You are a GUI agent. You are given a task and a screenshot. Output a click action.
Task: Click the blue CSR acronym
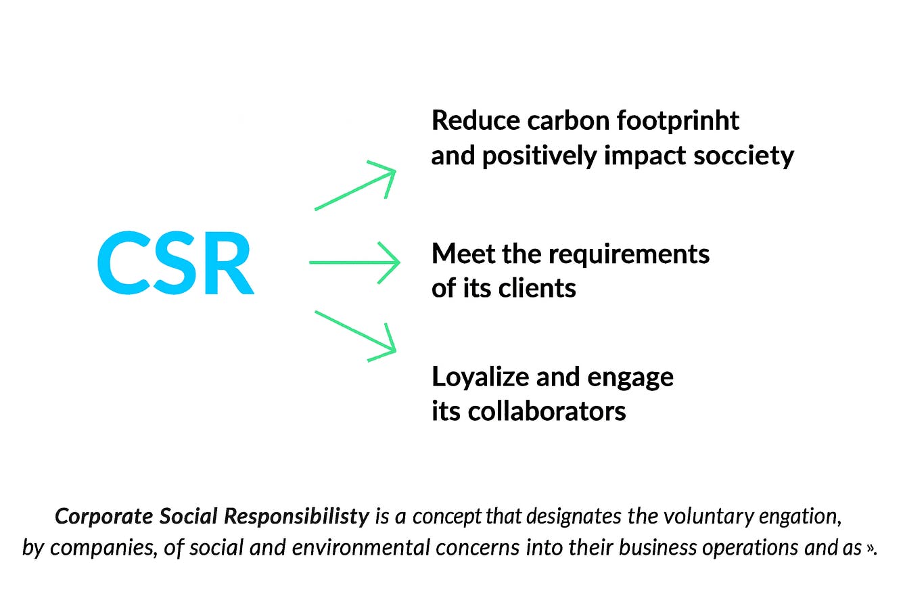coord(176,264)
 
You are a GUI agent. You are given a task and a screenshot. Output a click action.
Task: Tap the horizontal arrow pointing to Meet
coord(354,262)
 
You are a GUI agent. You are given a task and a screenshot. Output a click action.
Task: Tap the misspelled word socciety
coord(744,156)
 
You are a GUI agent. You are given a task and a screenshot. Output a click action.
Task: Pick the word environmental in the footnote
coord(351,547)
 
